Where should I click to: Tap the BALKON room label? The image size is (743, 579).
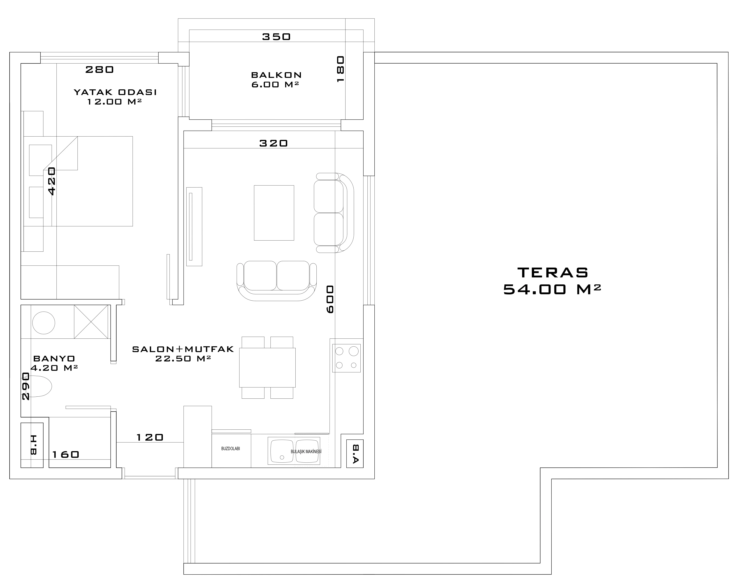(x=276, y=75)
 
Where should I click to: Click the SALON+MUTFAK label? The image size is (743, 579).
(x=183, y=349)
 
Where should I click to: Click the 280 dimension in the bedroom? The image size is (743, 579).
(x=99, y=70)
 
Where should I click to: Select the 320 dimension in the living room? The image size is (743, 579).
(x=274, y=143)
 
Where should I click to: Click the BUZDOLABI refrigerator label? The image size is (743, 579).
(x=231, y=449)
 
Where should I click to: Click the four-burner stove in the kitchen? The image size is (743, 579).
(x=346, y=358)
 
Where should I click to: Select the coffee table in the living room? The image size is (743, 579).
(x=274, y=213)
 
